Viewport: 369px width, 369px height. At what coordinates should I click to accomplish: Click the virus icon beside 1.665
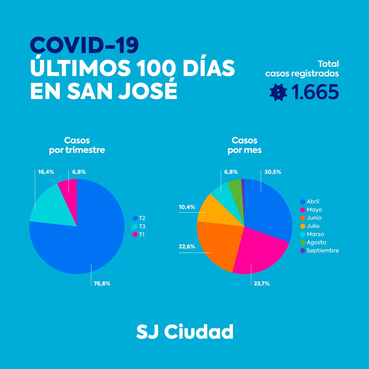pos(278,92)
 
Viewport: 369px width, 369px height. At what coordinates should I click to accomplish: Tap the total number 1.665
pos(315,92)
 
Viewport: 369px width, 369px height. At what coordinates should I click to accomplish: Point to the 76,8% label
pos(102,284)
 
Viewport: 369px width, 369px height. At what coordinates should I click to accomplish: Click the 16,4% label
pos(46,172)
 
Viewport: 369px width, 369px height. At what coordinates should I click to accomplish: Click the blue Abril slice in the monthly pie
pos(268,209)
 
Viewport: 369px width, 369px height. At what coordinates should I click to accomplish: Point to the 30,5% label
pos(273,172)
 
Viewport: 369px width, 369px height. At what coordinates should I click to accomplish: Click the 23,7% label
pos(262,284)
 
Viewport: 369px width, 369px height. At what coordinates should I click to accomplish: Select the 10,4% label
pos(187,207)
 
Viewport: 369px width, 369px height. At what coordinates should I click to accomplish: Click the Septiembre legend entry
pos(320,251)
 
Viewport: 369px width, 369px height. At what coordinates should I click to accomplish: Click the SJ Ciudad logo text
pos(184,331)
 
